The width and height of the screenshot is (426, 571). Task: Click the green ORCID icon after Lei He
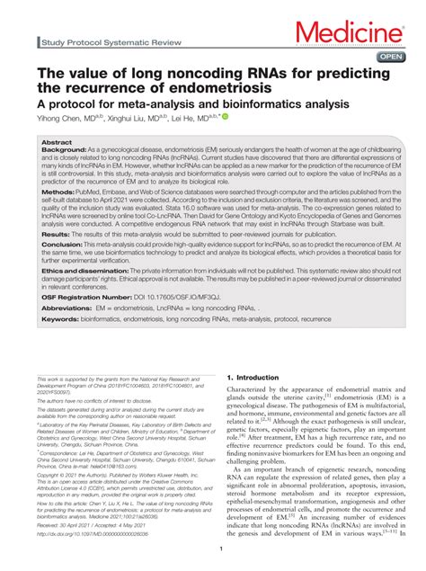point(226,116)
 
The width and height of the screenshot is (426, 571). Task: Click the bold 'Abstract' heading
point(58,142)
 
